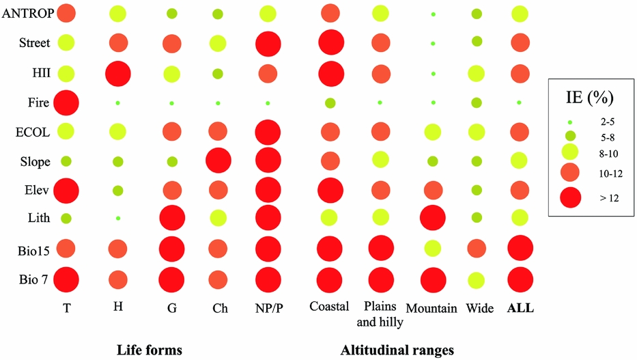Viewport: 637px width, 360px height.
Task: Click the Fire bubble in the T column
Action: click(66, 103)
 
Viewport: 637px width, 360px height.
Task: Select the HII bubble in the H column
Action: click(117, 73)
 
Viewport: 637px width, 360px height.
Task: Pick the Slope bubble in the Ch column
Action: click(218, 161)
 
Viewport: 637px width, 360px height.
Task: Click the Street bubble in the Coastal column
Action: click(330, 43)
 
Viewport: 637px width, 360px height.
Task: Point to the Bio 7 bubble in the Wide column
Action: click(476, 280)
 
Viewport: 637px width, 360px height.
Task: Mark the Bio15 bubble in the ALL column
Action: click(520, 249)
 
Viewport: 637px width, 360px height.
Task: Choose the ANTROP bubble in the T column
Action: click(66, 13)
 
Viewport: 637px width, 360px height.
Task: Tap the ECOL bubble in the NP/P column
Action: click(267, 132)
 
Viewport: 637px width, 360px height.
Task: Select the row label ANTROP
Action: click(26, 13)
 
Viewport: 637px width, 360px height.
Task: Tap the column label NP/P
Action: click(267, 308)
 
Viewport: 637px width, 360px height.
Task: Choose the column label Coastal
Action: click(329, 307)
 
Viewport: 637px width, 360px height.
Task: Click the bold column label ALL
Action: click(520, 308)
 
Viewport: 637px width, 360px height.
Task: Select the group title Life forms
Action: click(150, 350)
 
